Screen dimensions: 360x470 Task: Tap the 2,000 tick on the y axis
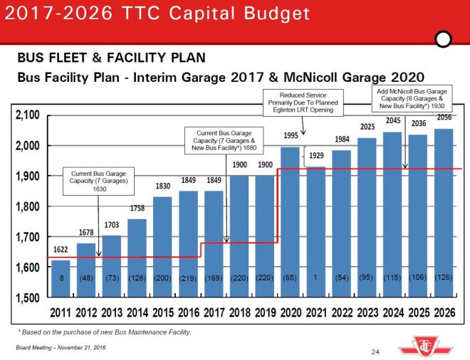click(27, 146)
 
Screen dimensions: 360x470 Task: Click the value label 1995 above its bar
click(290, 137)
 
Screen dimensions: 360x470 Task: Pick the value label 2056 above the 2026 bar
click(444, 117)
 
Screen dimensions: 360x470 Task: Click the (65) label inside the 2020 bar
click(290, 277)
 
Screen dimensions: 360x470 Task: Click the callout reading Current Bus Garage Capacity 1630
click(99, 181)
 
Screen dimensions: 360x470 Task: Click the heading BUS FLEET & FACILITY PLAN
click(111, 58)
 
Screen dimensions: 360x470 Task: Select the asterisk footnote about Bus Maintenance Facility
click(104, 332)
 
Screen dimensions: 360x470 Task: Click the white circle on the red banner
click(444, 39)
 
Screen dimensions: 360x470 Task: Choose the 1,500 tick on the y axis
click(27, 298)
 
